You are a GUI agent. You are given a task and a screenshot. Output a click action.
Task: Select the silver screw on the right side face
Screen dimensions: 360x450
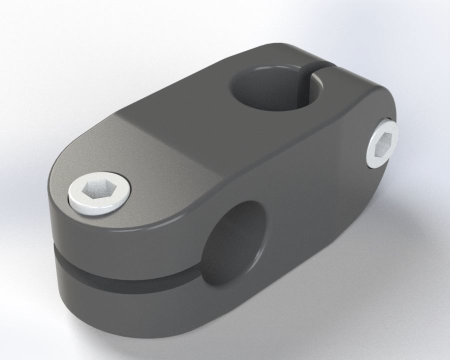click(x=382, y=145)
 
